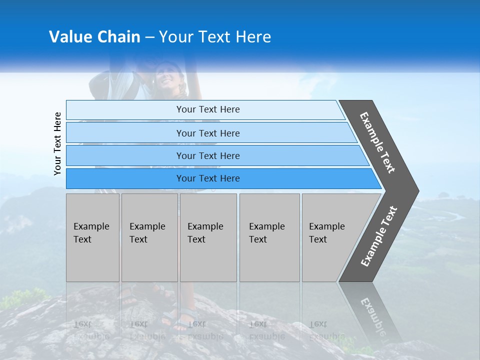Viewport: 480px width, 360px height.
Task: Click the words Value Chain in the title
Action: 94,37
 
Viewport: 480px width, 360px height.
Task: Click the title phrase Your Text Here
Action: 215,37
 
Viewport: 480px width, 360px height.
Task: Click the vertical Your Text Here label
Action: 57,143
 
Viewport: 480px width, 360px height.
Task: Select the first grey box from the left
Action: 92,237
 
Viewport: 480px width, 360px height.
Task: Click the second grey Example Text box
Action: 149,237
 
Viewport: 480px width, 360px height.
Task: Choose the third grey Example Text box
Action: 208,237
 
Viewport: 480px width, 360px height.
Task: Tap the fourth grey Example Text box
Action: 269,237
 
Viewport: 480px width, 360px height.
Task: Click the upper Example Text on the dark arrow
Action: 377,142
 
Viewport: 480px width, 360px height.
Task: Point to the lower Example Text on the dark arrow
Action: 378,236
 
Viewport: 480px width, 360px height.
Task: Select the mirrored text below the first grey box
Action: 91,330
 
